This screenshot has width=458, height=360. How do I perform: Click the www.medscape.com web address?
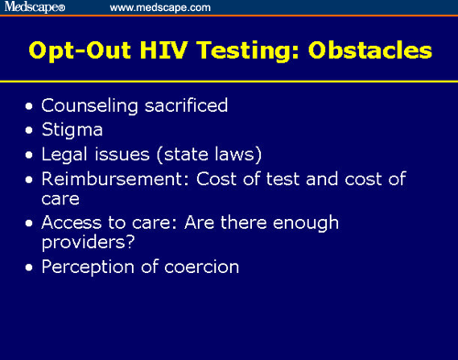(159, 7)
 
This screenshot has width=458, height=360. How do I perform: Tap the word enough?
(307, 223)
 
